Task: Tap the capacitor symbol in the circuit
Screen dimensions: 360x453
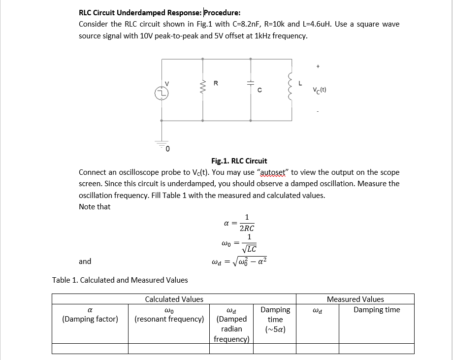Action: [x=251, y=83]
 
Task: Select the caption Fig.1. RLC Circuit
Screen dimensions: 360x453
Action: [x=239, y=161]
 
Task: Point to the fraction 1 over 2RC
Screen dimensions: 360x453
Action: [x=247, y=223]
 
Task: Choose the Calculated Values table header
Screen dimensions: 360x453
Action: [x=174, y=299]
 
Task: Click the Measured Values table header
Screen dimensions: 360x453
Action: [x=355, y=299]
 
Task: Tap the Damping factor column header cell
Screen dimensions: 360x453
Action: [x=90, y=314]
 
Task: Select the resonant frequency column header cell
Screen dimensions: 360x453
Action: [x=169, y=314]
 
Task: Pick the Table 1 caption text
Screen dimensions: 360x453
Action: [x=120, y=280]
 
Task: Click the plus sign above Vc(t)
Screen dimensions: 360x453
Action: [x=318, y=65]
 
